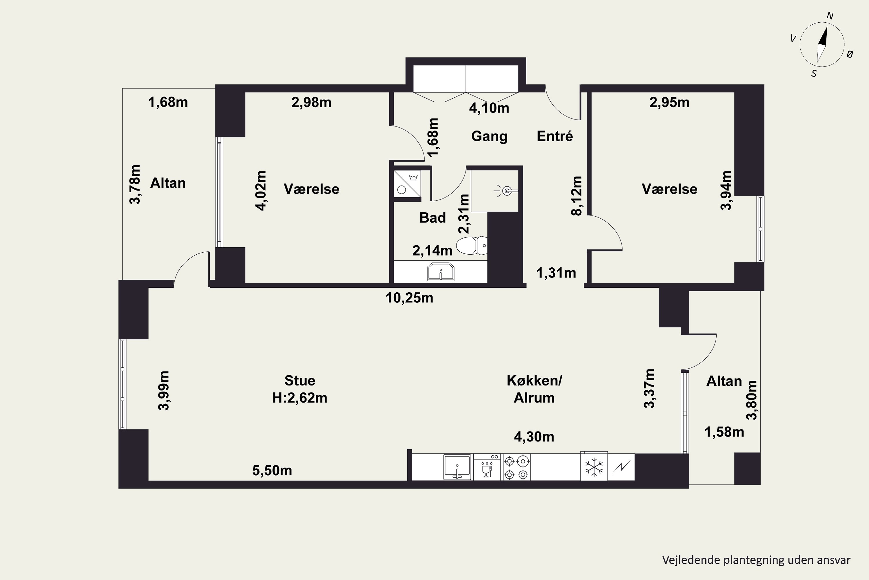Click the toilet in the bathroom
point(472,246)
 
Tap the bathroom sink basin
point(440,272)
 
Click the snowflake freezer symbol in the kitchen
point(594,467)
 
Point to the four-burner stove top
point(516,467)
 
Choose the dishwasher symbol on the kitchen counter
point(487,467)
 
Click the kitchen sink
point(457,467)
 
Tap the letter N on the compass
point(830,16)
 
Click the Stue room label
point(300,380)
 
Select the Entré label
point(555,136)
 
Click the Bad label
point(432,218)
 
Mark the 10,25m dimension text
point(409,298)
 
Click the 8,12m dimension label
point(576,196)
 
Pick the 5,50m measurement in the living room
point(272,470)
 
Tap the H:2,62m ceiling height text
point(300,398)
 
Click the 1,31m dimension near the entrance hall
point(556,273)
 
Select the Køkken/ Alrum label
point(534,389)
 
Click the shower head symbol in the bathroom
point(505,191)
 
